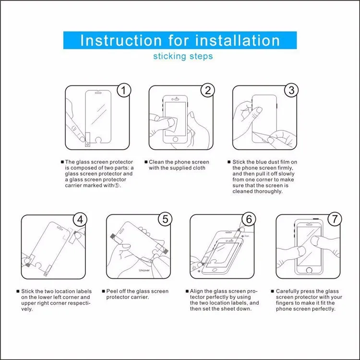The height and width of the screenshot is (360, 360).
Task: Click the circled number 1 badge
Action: point(124,90)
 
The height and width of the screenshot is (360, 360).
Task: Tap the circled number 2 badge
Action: point(207,90)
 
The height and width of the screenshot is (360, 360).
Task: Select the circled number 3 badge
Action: point(291,90)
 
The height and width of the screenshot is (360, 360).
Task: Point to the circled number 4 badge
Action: point(80,219)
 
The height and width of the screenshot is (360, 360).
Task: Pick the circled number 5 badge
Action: point(165,219)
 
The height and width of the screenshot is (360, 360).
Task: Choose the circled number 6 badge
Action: point(249,219)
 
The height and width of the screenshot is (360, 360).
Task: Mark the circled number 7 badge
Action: point(335,219)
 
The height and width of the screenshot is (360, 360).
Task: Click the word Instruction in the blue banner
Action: point(121,40)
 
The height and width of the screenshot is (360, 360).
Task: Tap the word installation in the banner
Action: point(238,40)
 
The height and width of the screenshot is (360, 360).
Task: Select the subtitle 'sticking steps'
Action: point(183,56)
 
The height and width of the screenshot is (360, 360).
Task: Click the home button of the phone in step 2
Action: point(175,139)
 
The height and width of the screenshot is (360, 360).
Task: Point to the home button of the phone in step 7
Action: point(309,270)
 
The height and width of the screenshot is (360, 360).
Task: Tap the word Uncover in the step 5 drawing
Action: point(144,270)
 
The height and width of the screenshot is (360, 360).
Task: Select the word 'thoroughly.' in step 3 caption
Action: point(269,191)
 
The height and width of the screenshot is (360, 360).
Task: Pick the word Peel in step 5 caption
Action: point(111,291)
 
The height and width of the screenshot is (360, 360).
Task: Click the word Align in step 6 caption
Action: point(195,291)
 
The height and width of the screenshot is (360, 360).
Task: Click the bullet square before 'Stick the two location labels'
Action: point(18,291)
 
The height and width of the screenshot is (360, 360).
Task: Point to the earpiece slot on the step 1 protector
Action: point(98,93)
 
